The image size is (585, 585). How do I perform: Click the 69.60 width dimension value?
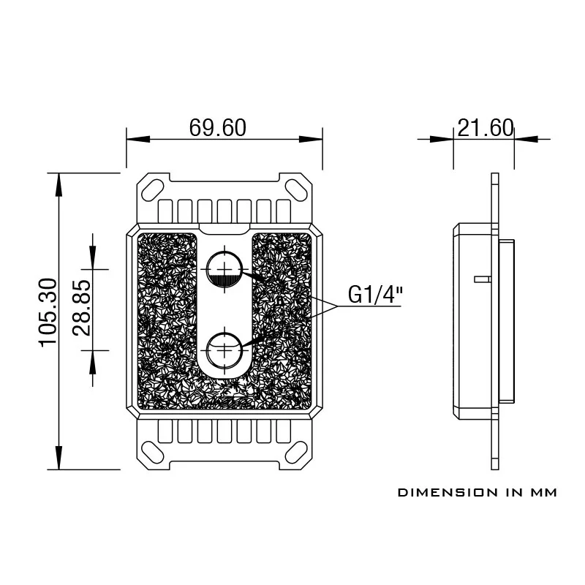218,128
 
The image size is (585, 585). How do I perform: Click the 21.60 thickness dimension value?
485,128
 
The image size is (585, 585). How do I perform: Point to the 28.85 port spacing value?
83,307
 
